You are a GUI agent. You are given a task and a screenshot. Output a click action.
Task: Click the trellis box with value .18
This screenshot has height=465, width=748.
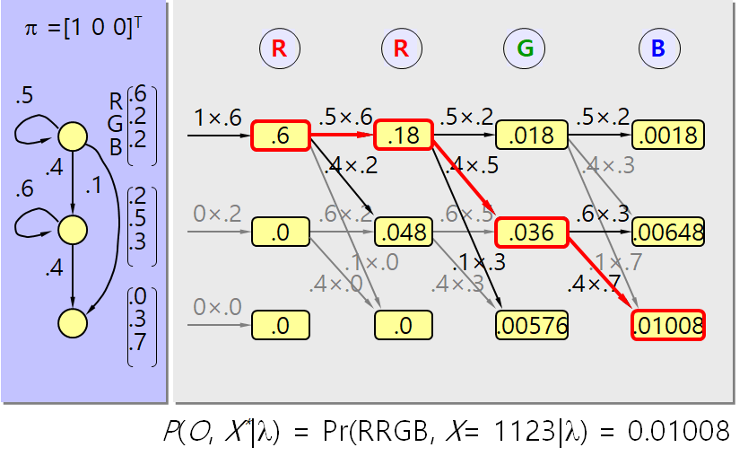tap(404, 136)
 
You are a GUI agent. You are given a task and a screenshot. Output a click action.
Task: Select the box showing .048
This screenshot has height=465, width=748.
tap(404, 233)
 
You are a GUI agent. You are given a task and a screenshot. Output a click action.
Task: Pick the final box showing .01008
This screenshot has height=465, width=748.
tap(668, 324)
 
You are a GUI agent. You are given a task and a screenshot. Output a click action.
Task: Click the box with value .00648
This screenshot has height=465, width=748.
tap(668, 233)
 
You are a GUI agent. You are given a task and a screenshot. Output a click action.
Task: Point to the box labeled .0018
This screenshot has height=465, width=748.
tap(668, 136)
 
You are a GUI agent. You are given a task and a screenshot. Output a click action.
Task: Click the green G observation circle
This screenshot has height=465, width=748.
tap(524, 48)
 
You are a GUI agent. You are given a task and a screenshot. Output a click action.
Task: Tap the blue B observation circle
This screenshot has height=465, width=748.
tap(658, 48)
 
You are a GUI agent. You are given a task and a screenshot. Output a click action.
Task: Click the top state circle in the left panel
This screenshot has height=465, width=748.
tap(72, 136)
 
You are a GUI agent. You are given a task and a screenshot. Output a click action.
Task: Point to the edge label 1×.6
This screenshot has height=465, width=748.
tap(217, 118)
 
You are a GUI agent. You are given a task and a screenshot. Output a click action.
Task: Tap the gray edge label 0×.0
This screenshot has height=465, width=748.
tap(217, 306)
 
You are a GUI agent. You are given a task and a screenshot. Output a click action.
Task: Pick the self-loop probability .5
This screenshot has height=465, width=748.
tap(26, 96)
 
